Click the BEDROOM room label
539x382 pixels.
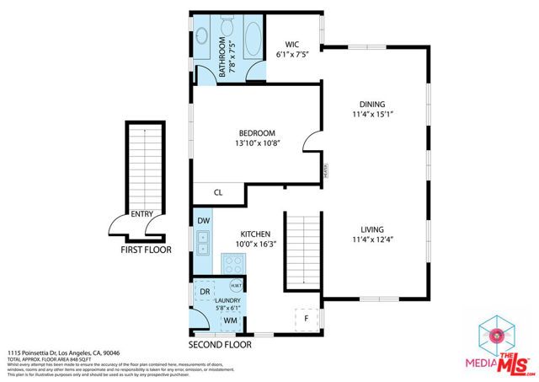coord(257,133)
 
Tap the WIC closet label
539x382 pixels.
coord(292,45)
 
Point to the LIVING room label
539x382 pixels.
coord(371,229)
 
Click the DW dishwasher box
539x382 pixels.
coord(203,221)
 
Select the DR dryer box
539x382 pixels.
coord(205,292)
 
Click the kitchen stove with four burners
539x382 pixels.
coord(232,263)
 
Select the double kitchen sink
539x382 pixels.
coord(203,244)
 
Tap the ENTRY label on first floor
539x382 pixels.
coord(141,214)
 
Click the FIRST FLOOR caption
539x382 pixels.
coord(145,250)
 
